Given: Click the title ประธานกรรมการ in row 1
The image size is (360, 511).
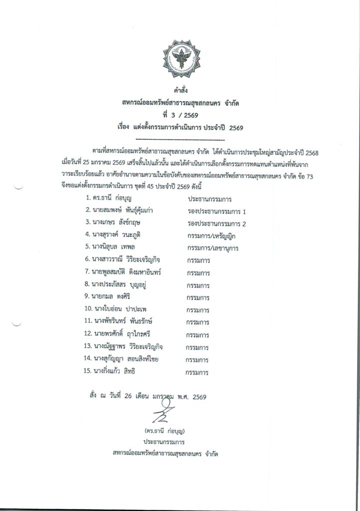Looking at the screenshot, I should pos(210,199).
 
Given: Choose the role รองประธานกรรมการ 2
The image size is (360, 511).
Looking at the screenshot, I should pos(214,223).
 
